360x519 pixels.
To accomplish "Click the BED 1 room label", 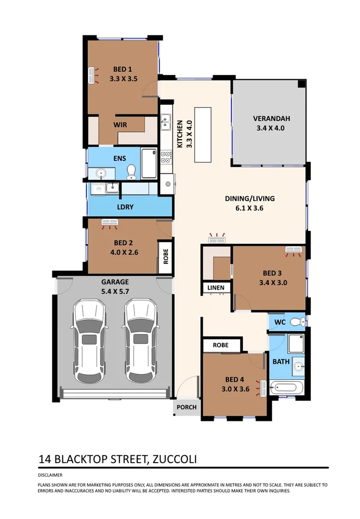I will pyautogui.click(x=122, y=69).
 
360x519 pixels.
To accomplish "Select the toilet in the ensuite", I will pyautogui.click(x=132, y=171).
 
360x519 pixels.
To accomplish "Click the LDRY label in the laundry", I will pyautogui.click(x=126, y=207).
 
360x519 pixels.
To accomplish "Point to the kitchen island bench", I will pyautogui.click(x=203, y=135).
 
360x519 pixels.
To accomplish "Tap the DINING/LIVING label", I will pyautogui.click(x=250, y=199).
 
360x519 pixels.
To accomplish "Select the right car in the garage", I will pyautogui.click(x=140, y=341).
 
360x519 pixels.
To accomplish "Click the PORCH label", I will pyautogui.click(x=186, y=407).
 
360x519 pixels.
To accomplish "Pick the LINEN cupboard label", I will pyautogui.click(x=215, y=288).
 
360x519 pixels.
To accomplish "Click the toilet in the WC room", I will pyautogui.click(x=298, y=321).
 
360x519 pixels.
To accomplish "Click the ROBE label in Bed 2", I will pyautogui.click(x=165, y=257).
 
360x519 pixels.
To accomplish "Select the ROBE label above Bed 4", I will pyautogui.click(x=221, y=345).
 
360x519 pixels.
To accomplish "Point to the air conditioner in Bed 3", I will pyautogui.click(x=293, y=249).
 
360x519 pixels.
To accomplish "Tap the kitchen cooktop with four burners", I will pyautogui.click(x=166, y=156).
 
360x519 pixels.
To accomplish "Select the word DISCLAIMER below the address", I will pyautogui.click(x=50, y=475).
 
